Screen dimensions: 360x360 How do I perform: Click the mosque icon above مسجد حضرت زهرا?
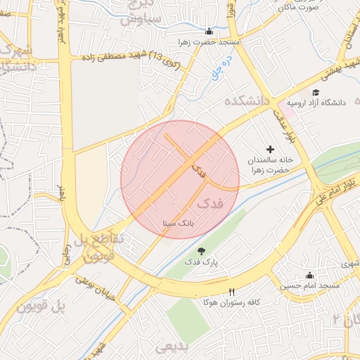tap(208, 32)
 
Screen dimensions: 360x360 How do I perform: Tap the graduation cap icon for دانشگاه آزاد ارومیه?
tap(316, 92)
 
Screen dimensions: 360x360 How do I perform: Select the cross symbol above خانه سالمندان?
tap(271, 149)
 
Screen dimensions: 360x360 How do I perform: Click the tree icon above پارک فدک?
tap(202, 251)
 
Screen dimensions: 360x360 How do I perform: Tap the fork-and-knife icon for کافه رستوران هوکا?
tap(231, 292)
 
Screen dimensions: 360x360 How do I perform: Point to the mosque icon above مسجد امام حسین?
tap(309, 275)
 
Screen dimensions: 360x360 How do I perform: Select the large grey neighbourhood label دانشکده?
tap(247, 101)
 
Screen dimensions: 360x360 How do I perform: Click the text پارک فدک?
tap(202, 262)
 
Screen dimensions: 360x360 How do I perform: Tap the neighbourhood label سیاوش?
tap(140, 18)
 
